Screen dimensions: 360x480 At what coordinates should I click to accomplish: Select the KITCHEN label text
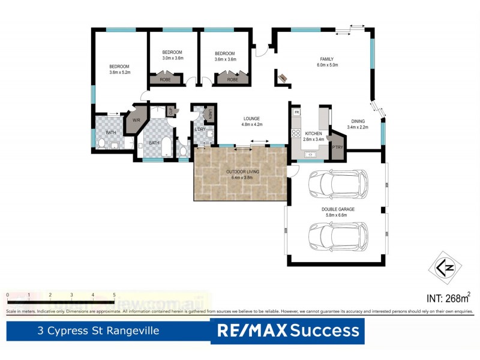(314, 133)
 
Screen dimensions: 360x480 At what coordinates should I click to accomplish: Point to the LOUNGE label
(252, 118)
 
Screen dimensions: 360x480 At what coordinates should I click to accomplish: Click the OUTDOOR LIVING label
(242, 172)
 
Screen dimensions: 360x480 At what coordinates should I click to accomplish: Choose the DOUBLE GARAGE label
(338, 209)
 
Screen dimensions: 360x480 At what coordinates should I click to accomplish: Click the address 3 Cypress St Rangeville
(98, 331)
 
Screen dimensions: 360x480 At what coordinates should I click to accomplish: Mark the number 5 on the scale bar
(114, 295)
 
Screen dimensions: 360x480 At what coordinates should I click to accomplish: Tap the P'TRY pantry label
(338, 147)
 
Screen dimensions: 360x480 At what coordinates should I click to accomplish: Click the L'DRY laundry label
(200, 131)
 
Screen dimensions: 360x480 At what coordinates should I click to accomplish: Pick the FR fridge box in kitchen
(296, 112)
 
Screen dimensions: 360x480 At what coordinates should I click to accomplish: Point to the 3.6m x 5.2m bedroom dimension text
(119, 73)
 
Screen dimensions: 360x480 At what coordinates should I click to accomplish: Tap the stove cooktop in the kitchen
(296, 133)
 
